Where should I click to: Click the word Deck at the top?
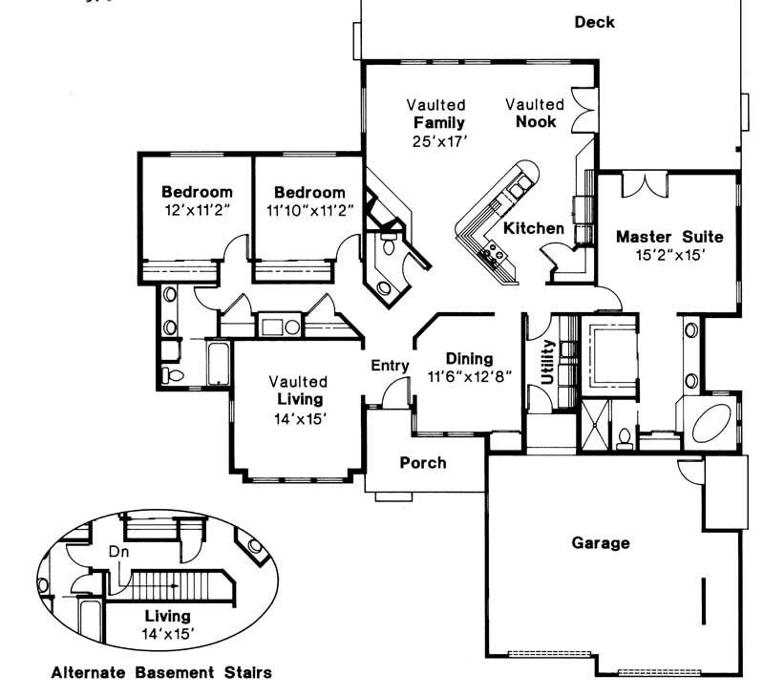594,22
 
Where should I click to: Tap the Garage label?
601,543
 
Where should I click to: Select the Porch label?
422,463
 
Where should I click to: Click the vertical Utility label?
547,362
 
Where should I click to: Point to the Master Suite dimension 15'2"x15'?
668,255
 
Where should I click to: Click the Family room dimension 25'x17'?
438,140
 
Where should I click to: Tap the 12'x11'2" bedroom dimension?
196,208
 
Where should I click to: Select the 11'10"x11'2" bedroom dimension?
308,208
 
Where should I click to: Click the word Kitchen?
534,228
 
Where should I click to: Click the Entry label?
390,365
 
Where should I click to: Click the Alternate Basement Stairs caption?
160,672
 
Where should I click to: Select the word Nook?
536,121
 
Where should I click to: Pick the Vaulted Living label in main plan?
298,390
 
